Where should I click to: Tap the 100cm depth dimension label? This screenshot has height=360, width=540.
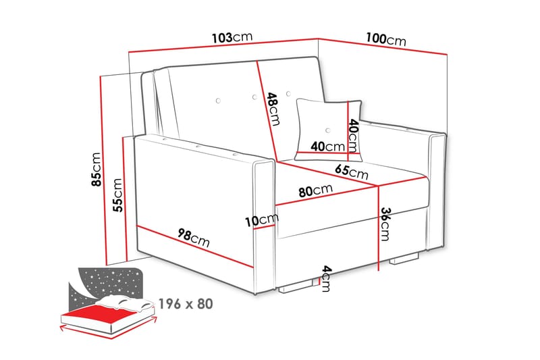click(386, 40)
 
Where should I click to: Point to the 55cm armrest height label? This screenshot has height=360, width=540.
click(118, 195)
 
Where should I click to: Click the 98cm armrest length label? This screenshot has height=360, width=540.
click(192, 237)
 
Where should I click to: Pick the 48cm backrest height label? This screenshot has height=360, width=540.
click(272, 108)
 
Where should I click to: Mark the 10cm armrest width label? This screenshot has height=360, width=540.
click(262, 220)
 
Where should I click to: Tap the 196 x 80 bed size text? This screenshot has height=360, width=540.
click(186, 304)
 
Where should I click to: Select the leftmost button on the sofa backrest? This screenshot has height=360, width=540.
click(218, 101)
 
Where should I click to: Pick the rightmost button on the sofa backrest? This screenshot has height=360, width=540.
click(288, 93)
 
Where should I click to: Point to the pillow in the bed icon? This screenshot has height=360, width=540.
click(125, 302)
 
